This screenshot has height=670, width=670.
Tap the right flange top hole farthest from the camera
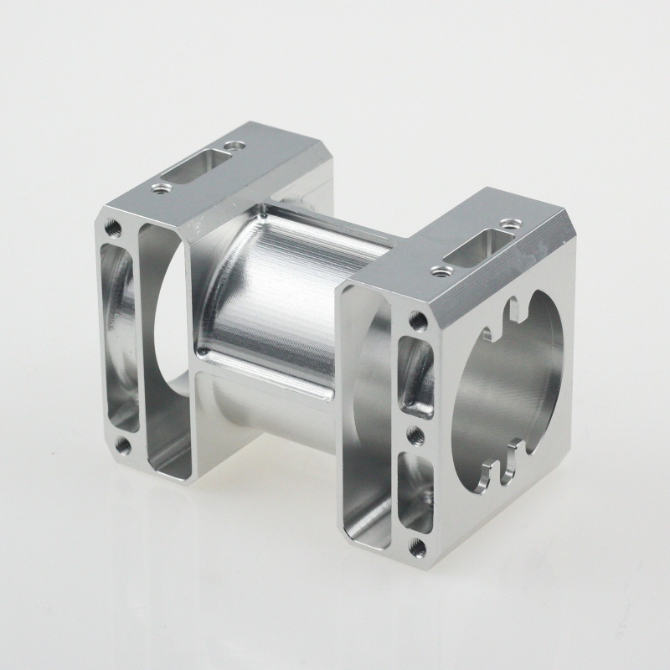[x=509, y=224]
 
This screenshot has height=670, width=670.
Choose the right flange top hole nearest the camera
[x=437, y=270]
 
